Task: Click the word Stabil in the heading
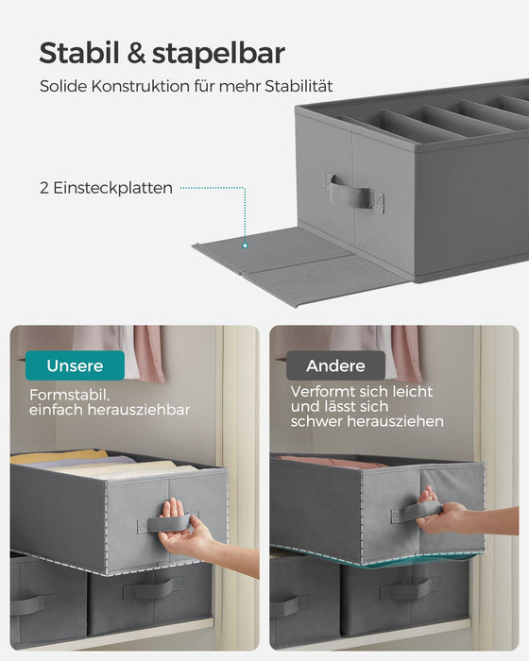click(77, 53)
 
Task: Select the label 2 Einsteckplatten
click(106, 188)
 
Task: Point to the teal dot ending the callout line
click(245, 245)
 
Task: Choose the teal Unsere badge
click(76, 364)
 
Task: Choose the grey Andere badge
click(336, 364)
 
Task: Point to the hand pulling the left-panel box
click(189, 539)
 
